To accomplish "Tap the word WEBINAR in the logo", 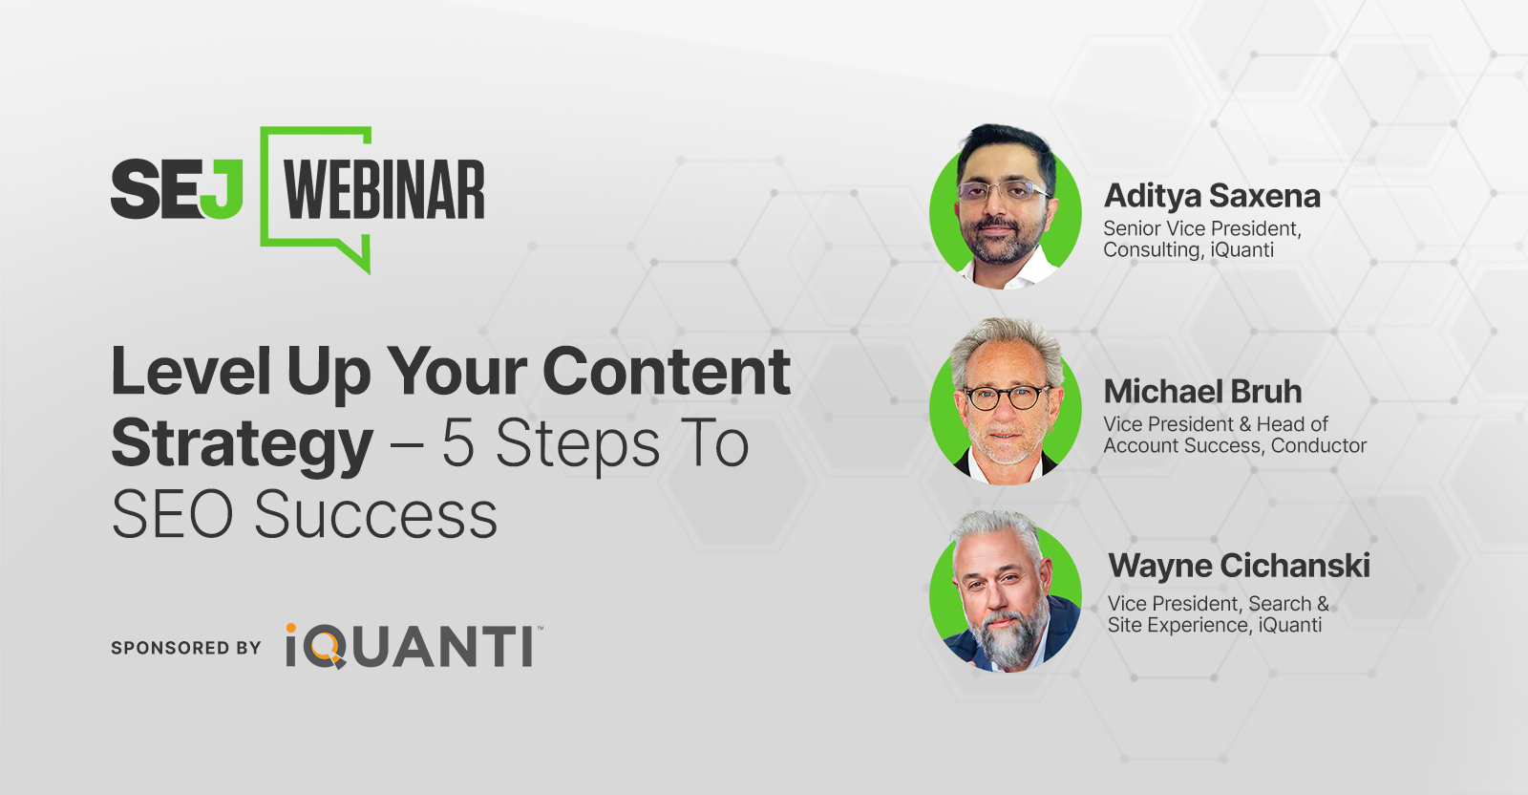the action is pos(384,190).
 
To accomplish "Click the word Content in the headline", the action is pos(667,372).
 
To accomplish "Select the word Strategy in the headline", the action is pos(243,445).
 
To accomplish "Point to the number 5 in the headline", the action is pos(458,443).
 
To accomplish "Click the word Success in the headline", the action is pos(376,514).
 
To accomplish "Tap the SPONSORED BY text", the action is pos(186,648).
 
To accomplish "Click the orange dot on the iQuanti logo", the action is pos(291,628).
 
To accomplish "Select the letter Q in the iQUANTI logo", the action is pos(325,647).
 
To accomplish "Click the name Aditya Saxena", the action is pos(1212,197).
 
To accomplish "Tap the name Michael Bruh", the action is pos(1202,392).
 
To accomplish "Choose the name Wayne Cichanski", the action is pos(1239,566).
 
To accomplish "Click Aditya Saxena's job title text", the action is pos(1202,239).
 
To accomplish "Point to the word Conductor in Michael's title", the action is pos(1319,445).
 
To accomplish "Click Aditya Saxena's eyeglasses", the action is pos(1002,190).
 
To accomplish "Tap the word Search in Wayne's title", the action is pos(1281,604).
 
